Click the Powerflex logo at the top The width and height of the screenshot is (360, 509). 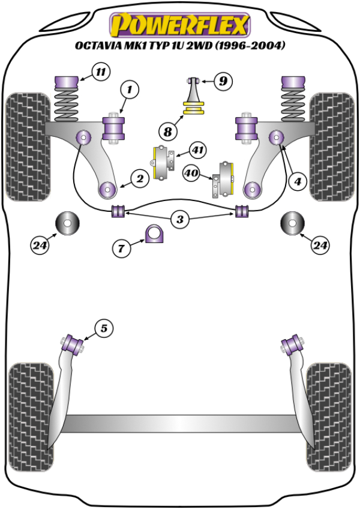[179, 25]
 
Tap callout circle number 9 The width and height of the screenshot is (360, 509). [222, 80]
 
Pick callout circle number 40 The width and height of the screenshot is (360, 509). [192, 173]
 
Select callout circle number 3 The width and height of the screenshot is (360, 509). [179, 220]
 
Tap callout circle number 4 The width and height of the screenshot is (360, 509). [296, 180]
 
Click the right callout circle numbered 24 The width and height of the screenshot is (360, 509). [320, 245]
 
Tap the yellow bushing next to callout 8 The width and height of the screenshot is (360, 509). [193, 110]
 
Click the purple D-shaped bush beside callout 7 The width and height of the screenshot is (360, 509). [154, 233]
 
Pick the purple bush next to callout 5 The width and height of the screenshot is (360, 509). [74, 343]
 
